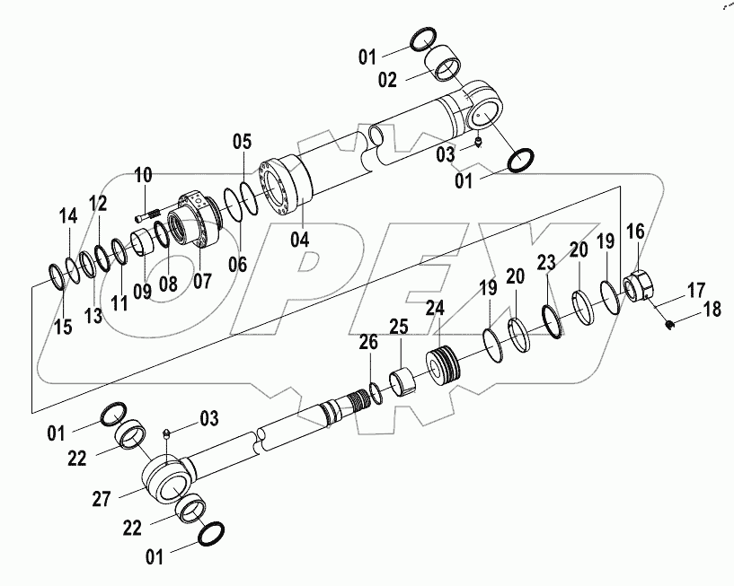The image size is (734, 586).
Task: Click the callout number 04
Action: click(299, 240)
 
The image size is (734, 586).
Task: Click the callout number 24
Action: click(435, 309)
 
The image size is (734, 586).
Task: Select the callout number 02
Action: click(387, 80)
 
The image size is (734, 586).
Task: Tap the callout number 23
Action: click(546, 264)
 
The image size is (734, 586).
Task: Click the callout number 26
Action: click(368, 341)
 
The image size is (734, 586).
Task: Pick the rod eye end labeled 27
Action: click(169, 477)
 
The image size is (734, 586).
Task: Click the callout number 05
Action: click(243, 141)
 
